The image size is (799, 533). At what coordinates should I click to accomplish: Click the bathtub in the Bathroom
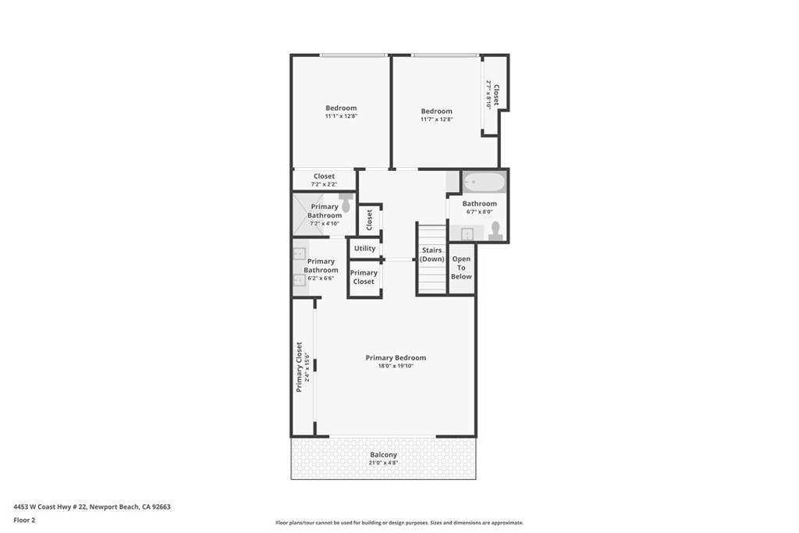484,183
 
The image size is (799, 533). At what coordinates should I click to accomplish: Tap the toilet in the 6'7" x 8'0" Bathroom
495,230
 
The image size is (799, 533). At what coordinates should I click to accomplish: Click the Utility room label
364,248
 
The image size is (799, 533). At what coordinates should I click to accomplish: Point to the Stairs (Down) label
431,254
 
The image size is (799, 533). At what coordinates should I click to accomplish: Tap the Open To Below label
461,267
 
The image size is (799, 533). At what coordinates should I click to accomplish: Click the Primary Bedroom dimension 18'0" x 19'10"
396,366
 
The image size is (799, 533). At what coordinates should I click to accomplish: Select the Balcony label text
383,455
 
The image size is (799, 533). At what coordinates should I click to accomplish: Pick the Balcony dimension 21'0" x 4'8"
383,463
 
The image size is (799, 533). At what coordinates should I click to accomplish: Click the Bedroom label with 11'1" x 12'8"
341,108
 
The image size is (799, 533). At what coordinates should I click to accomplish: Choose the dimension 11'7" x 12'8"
436,119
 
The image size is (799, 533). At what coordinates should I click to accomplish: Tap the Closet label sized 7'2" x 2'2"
324,176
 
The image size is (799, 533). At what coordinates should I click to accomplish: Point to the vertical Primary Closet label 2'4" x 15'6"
299,367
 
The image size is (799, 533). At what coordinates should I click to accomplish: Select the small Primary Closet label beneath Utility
364,277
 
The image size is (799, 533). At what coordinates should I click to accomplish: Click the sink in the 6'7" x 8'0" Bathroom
467,233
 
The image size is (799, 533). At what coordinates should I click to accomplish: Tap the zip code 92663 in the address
161,506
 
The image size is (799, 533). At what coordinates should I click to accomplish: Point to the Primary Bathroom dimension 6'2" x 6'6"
321,278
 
